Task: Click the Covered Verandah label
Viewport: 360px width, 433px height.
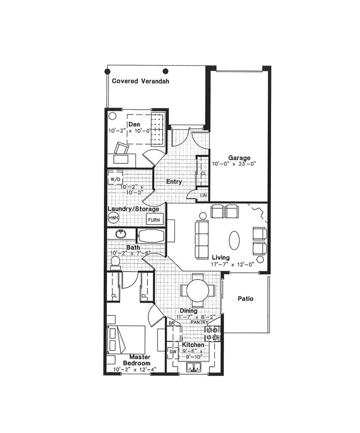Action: [x=141, y=81]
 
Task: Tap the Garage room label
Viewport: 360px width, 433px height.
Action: [x=239, y=158]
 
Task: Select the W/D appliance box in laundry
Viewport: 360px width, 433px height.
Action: [x=116, y=180]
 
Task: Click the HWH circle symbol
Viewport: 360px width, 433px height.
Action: [x=113, y=218]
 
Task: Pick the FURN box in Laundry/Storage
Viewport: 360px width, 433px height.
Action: [x=154, y=220]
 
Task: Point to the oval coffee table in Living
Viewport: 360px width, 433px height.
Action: [x=234, y=240]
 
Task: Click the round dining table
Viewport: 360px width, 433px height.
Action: [x=198, y=290]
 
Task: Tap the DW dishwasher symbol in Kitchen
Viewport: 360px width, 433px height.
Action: [x=173, y=352]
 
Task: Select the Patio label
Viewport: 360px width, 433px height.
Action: [x=245, y=298]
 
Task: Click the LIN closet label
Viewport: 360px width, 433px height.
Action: [x=204, y=195]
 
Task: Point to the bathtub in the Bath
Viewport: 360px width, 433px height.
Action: [x=151, y=236]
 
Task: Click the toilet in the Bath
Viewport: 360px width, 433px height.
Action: [x=115, y=263]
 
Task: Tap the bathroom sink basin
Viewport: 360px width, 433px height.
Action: [x=120, y=234]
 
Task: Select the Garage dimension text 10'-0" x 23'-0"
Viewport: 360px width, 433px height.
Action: [x=234, y=164]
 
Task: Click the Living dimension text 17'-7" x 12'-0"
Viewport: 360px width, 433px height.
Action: [x=232, y=264]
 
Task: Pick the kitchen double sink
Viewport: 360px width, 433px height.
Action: [x=194, y=367]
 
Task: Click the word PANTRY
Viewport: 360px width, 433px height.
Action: [x=199, y=322]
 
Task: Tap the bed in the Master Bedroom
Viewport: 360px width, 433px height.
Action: [x=126, y=339]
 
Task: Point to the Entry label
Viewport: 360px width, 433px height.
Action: [x=174, y=182]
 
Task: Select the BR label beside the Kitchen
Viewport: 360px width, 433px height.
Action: [x=172, y=323]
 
